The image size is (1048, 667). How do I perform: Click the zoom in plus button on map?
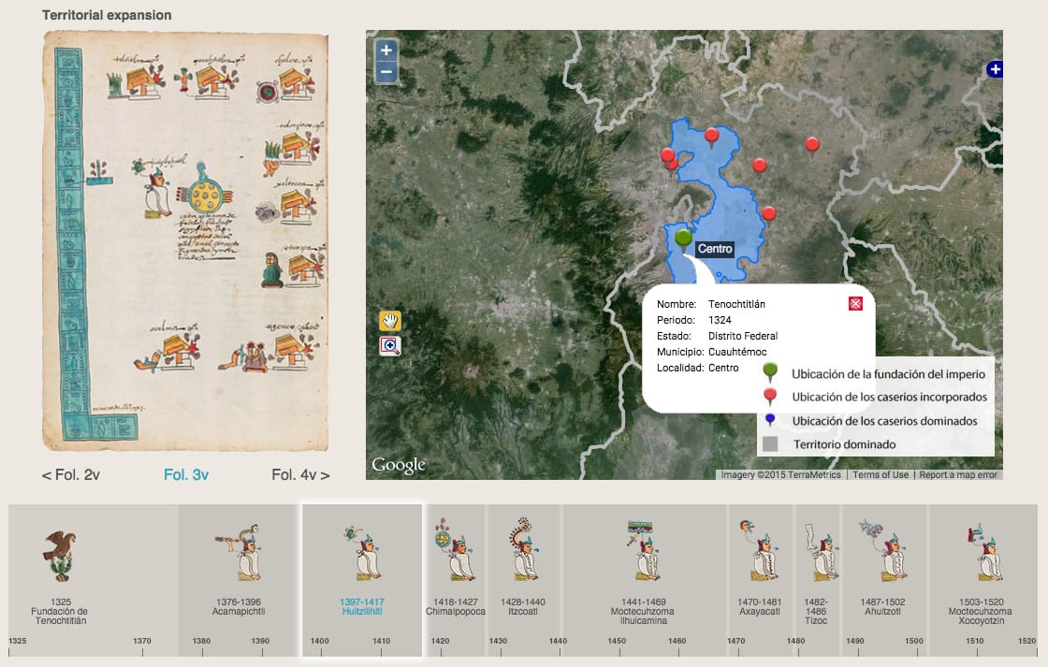click(386, 51)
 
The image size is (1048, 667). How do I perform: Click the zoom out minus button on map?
click(386, 72)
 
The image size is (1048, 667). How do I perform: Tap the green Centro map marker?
click(683, 239)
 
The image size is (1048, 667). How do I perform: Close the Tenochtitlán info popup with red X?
click(855, 303)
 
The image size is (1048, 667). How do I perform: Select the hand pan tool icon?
click(389, 320)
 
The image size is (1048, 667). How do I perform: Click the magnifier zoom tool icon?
click(389, 346)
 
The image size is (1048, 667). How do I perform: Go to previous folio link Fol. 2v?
click(71, 474)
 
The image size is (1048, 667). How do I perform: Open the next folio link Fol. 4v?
click(300, 474)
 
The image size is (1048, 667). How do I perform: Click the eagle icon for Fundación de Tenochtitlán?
click(58, 554)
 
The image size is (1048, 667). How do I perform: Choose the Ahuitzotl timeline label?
click(884, 606)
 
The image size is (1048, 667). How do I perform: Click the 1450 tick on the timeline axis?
click(617, 641)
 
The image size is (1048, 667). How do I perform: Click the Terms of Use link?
click(881, 474)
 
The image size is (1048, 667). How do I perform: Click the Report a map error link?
click(959, 474)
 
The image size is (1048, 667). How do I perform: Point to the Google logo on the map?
click(398, 464)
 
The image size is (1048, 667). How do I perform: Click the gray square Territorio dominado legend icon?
click(770, 444)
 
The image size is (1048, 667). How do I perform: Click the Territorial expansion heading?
click(107, 16)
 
